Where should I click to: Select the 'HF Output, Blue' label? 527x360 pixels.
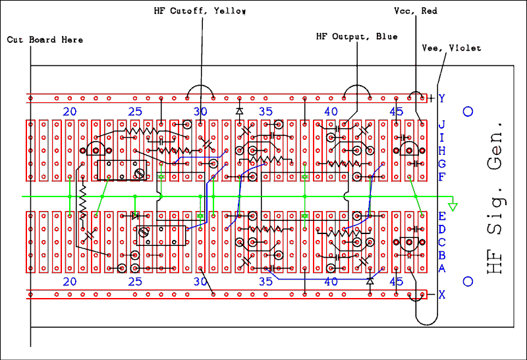click(x=356, y=36)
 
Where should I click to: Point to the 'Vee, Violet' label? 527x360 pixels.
click(x=451, y=47)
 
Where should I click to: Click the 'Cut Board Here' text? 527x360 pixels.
click(x=45, y=40)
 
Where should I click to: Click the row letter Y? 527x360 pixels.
click(x=442, y=99)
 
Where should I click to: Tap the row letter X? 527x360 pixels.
click(x=442, y=295)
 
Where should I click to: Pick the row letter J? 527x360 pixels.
click(x=442, y=124)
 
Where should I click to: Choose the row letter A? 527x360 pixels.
click(x=442, y=268)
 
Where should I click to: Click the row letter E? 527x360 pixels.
click(x=442, y=216)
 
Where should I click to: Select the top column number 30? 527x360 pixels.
click(x=200, y=111)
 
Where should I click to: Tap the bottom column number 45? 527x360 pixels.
click(x=396, y=282)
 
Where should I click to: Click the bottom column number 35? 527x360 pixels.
click(x=265, y=282)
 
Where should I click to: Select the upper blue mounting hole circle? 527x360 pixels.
click(x=468, y=111)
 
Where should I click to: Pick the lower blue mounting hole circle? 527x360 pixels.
click(x=468, y=282)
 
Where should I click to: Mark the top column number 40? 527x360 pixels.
click(x=331, y=111)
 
